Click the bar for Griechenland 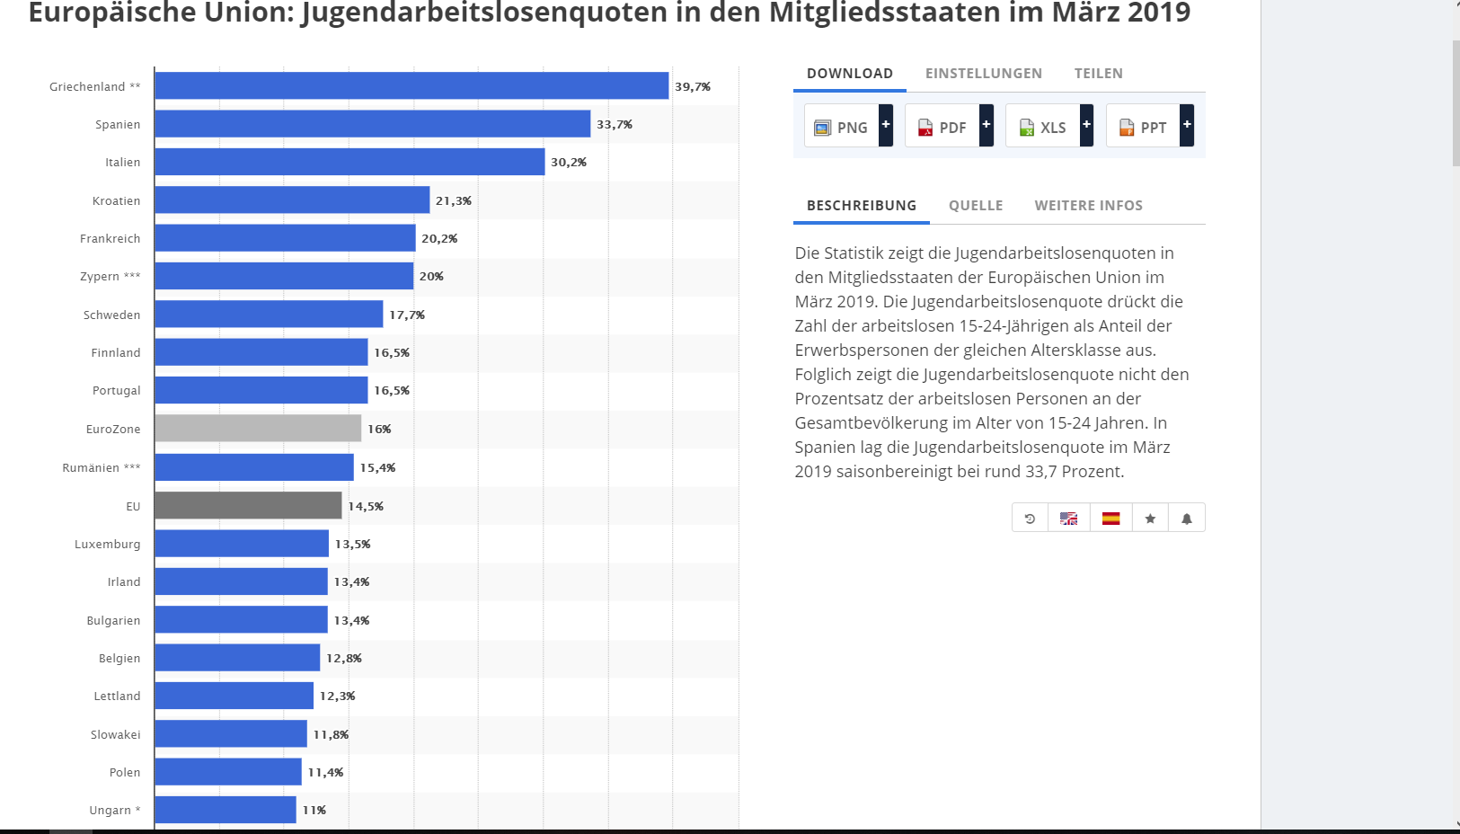[x=411, y=85]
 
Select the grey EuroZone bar [x=258, y=429]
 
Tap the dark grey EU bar [x=248, y=505]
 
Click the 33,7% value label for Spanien [x=615, y=124]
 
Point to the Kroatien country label [x=116, y=200]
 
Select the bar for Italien [x=350, y=162]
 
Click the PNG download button [x=842, y=127]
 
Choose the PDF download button [x=942, y=127]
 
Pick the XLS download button [x=1043, y=127]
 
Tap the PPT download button [x=1144, y=127]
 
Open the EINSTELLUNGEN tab [x=984, y=74]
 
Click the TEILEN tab [x=1099, y=74]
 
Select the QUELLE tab [x=976, y=206]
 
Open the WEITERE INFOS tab [x=1089, y=206]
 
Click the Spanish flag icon [x=1111, y=518]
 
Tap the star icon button [x=1150, y=518]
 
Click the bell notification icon [x=1187, y=518]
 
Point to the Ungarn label [x=111, y=810]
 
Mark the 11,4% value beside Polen [x=325, y=772]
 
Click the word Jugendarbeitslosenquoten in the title [x=485, y=13]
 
